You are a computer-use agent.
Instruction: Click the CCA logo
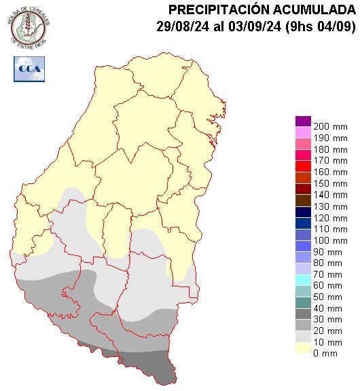(29, 69)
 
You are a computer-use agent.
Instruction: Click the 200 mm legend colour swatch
(303, 121)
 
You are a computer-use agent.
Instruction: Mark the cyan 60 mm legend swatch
(303, 280)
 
